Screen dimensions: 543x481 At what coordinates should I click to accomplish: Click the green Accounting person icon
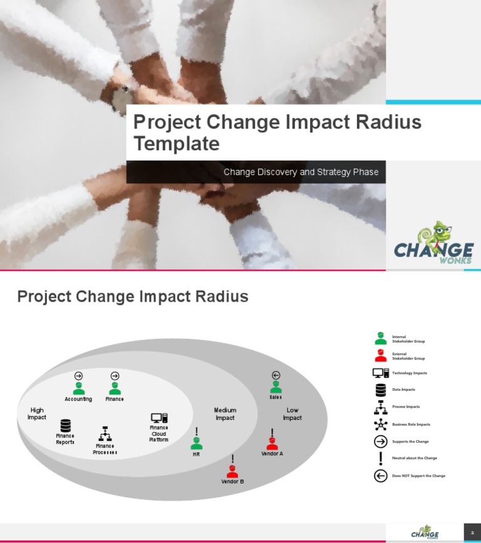[x=79, y=389]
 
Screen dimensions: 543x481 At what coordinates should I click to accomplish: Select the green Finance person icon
[x=115, y=389]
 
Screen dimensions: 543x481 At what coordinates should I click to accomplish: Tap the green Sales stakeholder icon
[x=276, y=387]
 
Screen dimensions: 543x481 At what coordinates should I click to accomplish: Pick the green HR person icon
[x=197, y=443]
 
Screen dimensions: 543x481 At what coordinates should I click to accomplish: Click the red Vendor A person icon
[x=272, y=443]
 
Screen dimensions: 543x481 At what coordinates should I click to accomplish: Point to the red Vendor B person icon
[x=232, y=471]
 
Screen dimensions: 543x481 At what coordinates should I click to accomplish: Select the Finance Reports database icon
[x=65, y=426]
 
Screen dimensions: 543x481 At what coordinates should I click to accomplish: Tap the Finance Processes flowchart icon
[x=105, y=434]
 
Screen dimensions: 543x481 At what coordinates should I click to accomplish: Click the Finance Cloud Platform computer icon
[x=159, y=418]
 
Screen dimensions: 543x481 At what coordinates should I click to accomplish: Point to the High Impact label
[x=37, y=414]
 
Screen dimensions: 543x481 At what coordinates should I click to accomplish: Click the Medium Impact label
[x=225, y=414]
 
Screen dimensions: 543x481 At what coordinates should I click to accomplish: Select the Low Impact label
[x=292, y=414]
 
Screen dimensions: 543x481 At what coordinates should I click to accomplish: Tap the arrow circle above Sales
[x=276, y=376]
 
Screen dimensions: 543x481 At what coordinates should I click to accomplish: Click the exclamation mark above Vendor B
[x=232, y=459]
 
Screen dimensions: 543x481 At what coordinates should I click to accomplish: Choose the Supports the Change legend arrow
[x=380, y=441]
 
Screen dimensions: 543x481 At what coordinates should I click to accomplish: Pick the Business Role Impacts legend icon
[x=380, y=424]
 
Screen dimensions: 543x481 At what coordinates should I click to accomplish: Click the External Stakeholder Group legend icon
[x=380, y=356]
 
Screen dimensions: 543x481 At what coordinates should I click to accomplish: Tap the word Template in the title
[x=177, y=144]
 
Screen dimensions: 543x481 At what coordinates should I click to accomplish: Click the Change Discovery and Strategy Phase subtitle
[x=301, y=172]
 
